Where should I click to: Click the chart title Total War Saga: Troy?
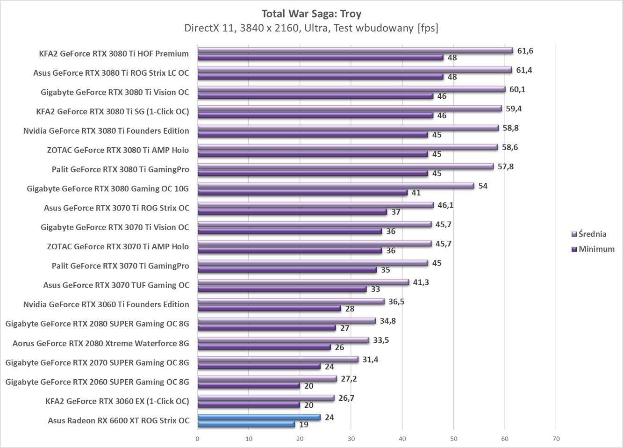coord(311,14)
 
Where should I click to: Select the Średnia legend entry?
coord(592,234)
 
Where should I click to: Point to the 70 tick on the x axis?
coord(556,439)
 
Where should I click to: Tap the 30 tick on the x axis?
coord(351,439)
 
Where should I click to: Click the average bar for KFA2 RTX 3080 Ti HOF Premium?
coord(355,51)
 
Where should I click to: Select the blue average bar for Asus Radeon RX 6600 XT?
coord(259,417)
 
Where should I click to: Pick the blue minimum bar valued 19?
coord(246,424)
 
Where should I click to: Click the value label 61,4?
coord(524,70)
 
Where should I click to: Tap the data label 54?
coord(483,186)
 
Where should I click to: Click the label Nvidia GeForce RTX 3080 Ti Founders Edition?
coord(106,131)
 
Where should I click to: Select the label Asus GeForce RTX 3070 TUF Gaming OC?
coord(116,285)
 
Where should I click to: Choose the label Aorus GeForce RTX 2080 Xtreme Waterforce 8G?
coord(101,343)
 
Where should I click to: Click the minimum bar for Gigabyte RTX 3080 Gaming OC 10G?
coord(302,193)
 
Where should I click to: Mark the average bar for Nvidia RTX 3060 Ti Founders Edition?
coord(291,302)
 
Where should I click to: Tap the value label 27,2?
coord(349,379)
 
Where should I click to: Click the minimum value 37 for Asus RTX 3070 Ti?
coord(396,212)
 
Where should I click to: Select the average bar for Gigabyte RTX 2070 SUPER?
coord(278,360)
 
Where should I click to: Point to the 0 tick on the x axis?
coord(197,439)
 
